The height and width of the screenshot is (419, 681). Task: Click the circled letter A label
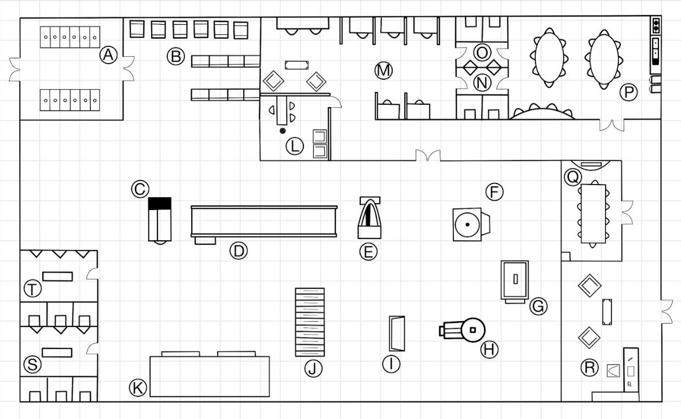(x=109, y=55)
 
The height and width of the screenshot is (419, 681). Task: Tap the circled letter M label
(x=383, y=71)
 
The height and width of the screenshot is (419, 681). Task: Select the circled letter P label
(x=628, y=92)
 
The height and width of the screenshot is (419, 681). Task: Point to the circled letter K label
(x=138, y=387)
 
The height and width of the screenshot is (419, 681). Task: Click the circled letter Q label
(x=573, y=177)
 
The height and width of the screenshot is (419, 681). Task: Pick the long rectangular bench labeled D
(x=264, y=222)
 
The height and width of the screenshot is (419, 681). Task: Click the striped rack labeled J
(x=310, y=322)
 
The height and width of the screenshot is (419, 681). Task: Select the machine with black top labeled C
(x=160, y=220)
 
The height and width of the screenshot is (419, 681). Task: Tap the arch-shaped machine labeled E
(x=369, y=218)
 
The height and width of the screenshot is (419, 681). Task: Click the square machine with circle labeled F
(x=471, y=224)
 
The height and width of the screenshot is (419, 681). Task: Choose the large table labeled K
(x=210, y=374)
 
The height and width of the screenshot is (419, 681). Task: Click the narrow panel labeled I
(x=397, y=333)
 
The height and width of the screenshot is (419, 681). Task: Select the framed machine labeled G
(x=515, y=281)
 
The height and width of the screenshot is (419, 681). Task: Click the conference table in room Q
(x=593, y=214)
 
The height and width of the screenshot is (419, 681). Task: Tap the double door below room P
(x=612, y=124)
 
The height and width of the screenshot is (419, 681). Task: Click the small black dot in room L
(x=283, y=131)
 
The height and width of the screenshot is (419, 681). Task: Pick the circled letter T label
(x=32, y=289)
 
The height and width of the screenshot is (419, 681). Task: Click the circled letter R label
(x=590, y=367)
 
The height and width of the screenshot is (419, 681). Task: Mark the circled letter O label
(x=482, y=53)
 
